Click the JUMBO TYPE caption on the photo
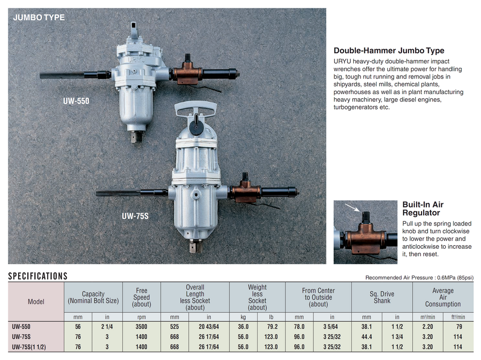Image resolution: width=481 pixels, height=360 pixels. (39, 18)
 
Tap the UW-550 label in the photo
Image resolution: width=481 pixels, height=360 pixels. (76, 101)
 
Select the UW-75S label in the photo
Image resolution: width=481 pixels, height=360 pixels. (135, 216)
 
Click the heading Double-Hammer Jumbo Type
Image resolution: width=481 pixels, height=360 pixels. (389, 51)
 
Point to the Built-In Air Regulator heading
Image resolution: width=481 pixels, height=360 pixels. (423, 208)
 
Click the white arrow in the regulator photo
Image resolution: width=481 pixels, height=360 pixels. (352, 207)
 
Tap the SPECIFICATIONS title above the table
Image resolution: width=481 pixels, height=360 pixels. (38, 276)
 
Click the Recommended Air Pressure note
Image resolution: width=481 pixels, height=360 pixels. (419, 277)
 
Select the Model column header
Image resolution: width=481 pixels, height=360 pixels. (36, 302)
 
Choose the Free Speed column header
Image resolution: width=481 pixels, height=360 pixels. (141, 297)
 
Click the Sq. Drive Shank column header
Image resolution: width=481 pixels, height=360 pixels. (382, 297)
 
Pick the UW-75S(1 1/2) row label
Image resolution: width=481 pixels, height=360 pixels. (29, 347)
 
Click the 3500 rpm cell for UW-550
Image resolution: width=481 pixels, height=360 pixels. (141, 326)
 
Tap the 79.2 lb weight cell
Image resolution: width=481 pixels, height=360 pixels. (271, 326)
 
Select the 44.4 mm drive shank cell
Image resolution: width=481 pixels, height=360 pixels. (367, 337)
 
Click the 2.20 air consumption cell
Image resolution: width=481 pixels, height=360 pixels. (428, 326)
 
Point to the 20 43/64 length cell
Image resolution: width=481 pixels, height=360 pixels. (208, 326)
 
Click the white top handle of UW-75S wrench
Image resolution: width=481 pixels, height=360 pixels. (196, 108)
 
